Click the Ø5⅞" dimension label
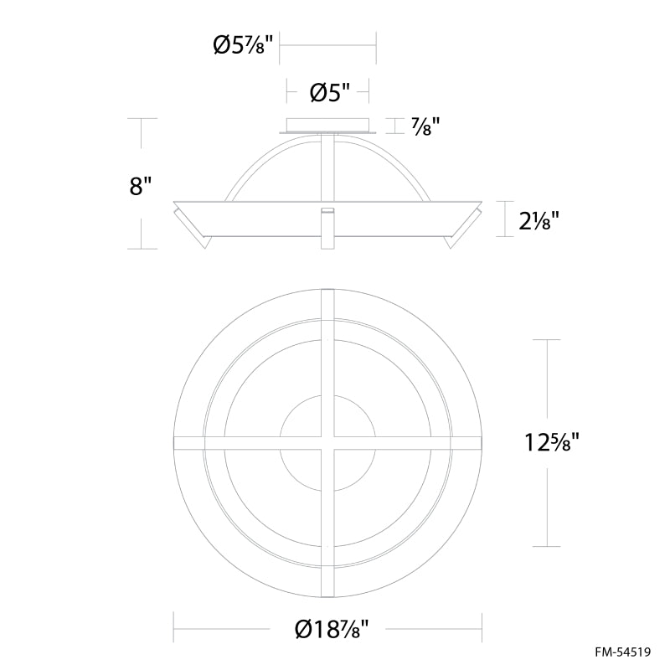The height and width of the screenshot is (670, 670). click(x=243, y=45)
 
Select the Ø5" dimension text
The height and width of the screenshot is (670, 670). click(x=330, y=92)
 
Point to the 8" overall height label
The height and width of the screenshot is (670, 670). click(x=141, y=186)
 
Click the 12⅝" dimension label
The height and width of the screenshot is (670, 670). click(x=552, y=442)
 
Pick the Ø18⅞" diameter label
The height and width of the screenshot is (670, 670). click(x=332, y=630)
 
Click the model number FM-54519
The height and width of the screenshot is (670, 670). click(x=623, y=652)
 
